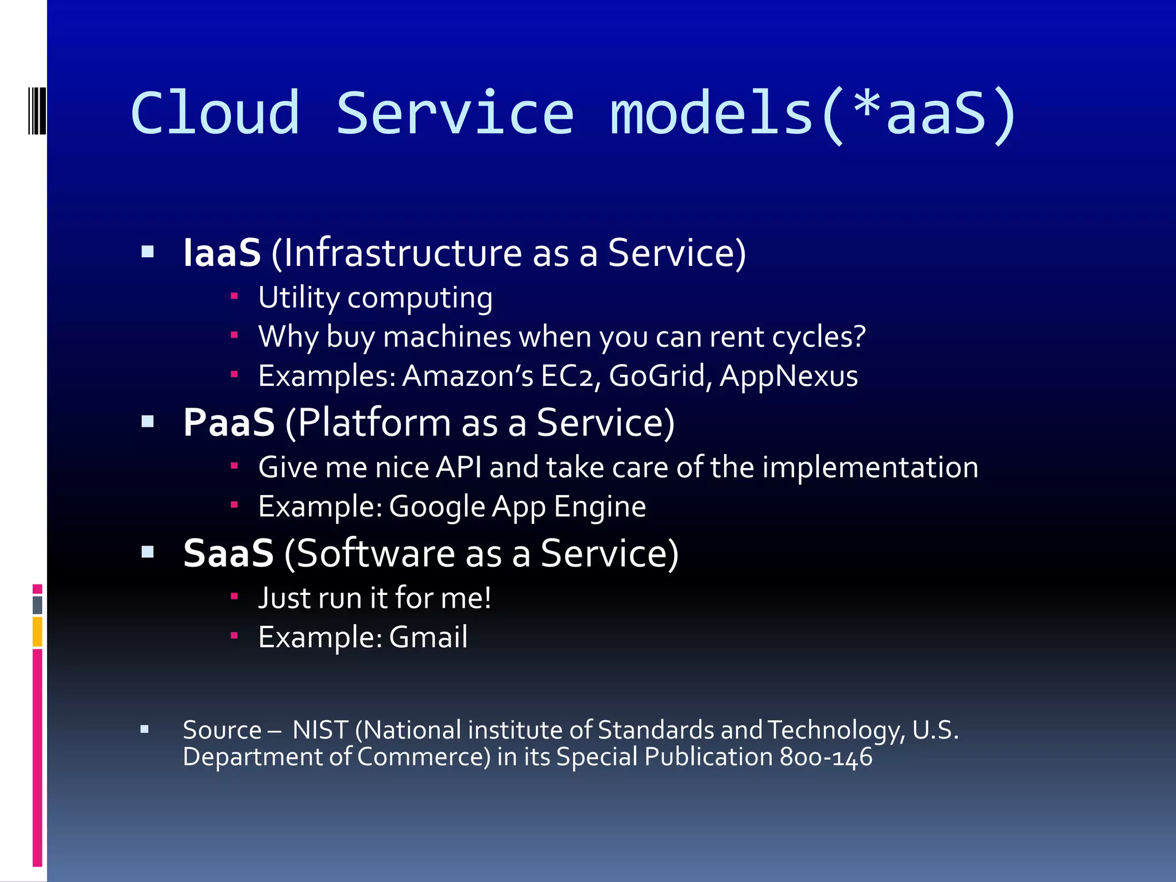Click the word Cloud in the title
coord(215,114)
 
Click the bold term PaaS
coord(229,423)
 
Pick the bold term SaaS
coord(228,554)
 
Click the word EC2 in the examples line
coord(570,377)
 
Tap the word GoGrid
coord(660,377)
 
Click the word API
coord(459,467)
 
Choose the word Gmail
coord(428,637)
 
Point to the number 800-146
coord(826,757)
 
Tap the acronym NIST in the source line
coord(320,730)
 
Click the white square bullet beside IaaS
coord(148,252)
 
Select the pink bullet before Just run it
coord(234,597)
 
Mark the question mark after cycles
coord(860,336)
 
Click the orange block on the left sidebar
coord(37,631)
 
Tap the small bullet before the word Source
coord(145,730)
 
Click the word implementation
coord(870,467)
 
